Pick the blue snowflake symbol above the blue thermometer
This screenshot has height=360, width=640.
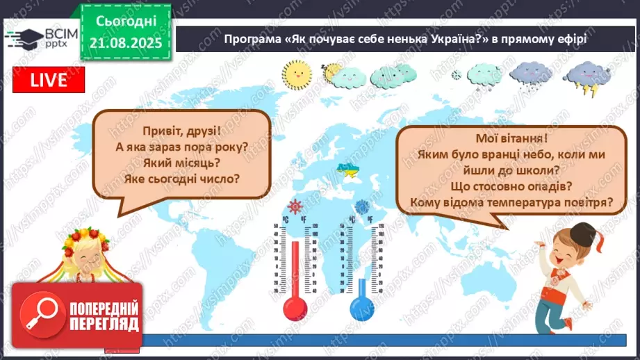[362, 206]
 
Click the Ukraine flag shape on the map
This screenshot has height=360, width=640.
[345, 169]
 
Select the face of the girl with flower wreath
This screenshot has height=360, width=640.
[86, 261]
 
